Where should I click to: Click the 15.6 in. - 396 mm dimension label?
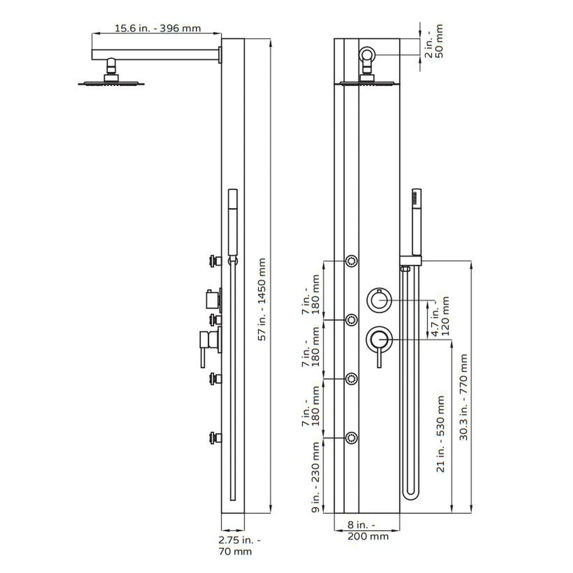click(x=157, y=28)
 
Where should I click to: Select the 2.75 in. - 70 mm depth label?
click(x=240, y=545)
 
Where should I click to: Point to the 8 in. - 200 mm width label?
click(x=368, y=531)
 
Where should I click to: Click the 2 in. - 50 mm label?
click(x=434, y=41)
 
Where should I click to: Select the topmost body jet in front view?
click(x=351, y=261)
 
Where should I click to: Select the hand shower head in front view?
click(x=416, y=222)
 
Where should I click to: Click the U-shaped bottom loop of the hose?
click(x=410, y=493)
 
